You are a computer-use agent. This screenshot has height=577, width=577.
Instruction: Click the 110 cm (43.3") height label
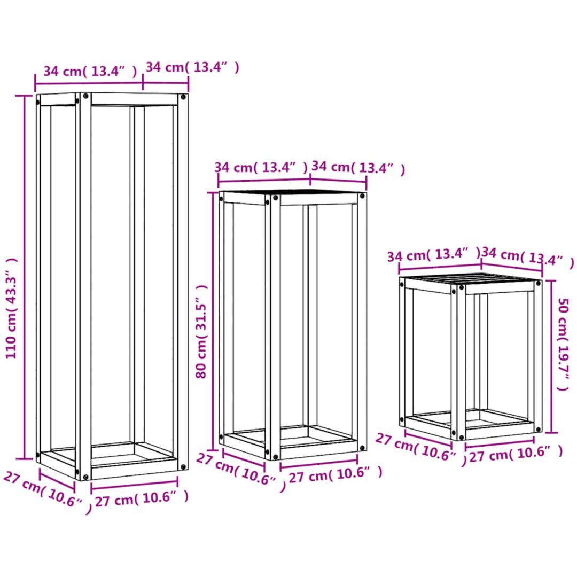(x=11, y=308)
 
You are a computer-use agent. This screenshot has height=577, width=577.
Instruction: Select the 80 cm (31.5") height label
(x=201, y=332)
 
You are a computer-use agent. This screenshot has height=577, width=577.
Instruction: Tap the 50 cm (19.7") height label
(x=563, y=344)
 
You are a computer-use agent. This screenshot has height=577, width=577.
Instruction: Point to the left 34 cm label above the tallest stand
(x=90, y=71)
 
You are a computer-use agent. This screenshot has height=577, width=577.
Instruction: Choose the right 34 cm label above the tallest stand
(x=192, y=67)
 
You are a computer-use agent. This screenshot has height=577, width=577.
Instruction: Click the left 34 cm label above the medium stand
(x=261, y=167)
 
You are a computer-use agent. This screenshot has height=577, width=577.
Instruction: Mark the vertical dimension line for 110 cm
(x=25, y=277)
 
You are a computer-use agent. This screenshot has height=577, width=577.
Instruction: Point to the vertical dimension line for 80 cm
(x=213, y=321)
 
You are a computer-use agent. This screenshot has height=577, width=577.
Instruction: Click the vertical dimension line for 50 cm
(x=551, y=356)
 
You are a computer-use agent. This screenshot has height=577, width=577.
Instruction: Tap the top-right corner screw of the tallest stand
(x=183, y=97)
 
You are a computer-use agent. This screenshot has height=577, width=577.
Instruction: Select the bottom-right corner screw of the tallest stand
(x=183, y=466)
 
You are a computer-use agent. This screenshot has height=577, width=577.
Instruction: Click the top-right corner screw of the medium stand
(x=362, y=196)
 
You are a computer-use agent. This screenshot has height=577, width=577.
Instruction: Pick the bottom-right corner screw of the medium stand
(x=362, y=448)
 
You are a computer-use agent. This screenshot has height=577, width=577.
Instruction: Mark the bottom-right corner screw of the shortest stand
(x=538, y=429)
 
